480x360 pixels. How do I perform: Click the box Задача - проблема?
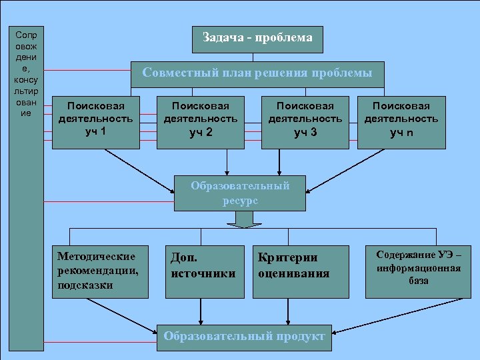257,39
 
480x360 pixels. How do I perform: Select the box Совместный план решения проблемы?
257,73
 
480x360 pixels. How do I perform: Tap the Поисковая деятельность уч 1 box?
96,118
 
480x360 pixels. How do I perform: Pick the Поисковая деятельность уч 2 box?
200,121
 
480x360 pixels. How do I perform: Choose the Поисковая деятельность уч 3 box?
305,121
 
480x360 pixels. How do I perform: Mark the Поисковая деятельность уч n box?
401,121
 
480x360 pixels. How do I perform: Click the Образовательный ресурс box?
240,193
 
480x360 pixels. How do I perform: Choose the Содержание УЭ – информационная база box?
418,271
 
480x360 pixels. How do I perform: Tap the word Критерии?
279,257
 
